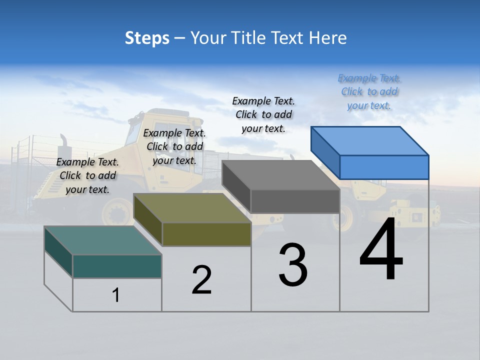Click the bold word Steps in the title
pyautogui.click(x=147, y=38)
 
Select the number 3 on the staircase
pyautogui.click(x=293, y=265)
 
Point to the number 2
pyautogui.click(x=201, y=279)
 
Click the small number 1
pyautogui.click(x=116, y=295)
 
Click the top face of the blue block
pyautogui.click(x=370, y=140)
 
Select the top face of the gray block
pyautogui.click(x=281, y=175)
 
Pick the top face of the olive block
pyautogui.click(x=192, y=208)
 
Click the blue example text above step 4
pyautogui.click(x=369, y=91)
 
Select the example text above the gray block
pyautogui.click(x=263, y=114)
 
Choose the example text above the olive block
pyautogui.click(x=174, y=146)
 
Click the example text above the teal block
pyautogui.click(x=87, y=175)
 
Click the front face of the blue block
pyautogui.click(x=384, y=167)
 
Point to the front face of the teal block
pyautogui.click(x=117, y=266)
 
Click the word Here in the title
pyautogui.click(x=328, y=38)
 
